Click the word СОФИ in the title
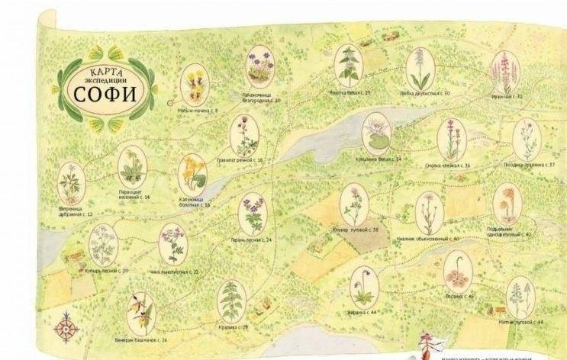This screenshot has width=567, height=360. coord(106,93)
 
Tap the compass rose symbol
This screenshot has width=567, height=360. coord(66,329)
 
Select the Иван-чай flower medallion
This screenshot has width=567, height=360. coord(504,71)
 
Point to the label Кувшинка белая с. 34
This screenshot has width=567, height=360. coord(379,159)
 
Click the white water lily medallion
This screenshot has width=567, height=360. coord(376,133)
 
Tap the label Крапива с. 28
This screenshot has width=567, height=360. coord(234,327)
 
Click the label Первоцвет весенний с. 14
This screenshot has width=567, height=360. coord(134,195)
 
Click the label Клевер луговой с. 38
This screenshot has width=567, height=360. coord(356,230)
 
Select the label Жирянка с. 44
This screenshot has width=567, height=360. coord(363,313)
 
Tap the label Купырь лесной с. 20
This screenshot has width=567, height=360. coord(107,270)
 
